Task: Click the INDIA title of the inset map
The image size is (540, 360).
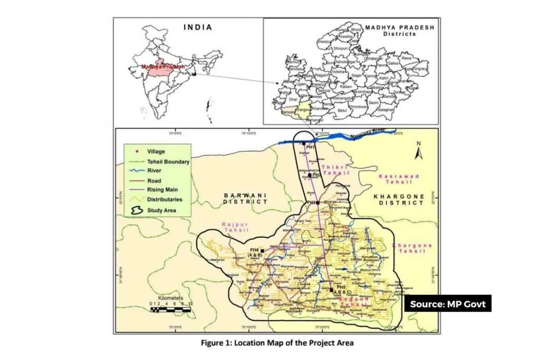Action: [198, 27]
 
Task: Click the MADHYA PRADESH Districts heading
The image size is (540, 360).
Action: [391, 30]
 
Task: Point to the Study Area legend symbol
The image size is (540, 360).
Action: [136, 210]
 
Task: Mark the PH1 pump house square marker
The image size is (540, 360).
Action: [304, 143]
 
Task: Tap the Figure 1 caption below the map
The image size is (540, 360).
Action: [277, 343]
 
